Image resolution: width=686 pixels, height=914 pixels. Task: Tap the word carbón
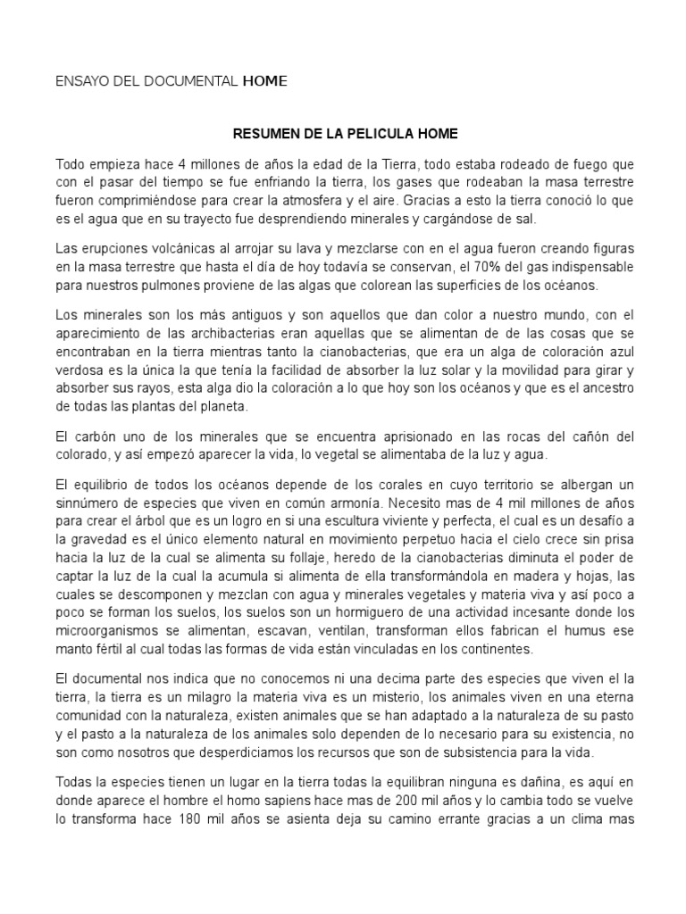coord(92,436)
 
